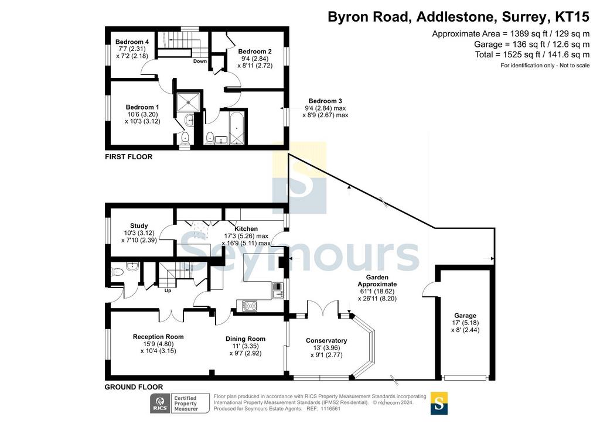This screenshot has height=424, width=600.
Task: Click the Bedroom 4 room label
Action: (132, 42)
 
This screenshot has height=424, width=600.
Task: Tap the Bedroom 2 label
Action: (255, 51)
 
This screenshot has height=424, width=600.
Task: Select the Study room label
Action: (139, 225)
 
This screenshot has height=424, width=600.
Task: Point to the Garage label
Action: (465, 316)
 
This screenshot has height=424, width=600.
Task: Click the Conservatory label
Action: (326, 341)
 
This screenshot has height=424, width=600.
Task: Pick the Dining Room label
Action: (246, 338)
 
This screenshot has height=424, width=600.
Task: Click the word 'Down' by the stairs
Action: (200, 61)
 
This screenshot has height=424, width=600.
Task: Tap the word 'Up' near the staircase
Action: (168, 290)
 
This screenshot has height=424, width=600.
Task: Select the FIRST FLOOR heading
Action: (128, 157)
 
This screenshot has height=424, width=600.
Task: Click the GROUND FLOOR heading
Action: (134, 387)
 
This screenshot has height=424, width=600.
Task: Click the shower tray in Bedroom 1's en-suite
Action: (188, 102)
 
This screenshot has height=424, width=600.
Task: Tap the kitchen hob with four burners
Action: (250, 306)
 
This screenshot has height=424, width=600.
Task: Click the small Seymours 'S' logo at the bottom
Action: (439, 404)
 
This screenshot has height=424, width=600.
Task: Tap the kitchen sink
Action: (277, 294)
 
